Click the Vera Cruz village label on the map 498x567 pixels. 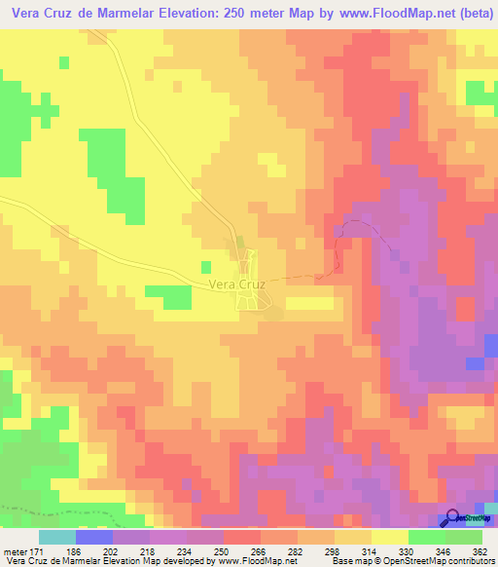[236, 285]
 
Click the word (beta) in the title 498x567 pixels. [472, 15]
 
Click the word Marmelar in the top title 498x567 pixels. [119, 15]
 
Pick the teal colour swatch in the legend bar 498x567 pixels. [57, 538]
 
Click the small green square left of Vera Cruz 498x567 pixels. [205, 266]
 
